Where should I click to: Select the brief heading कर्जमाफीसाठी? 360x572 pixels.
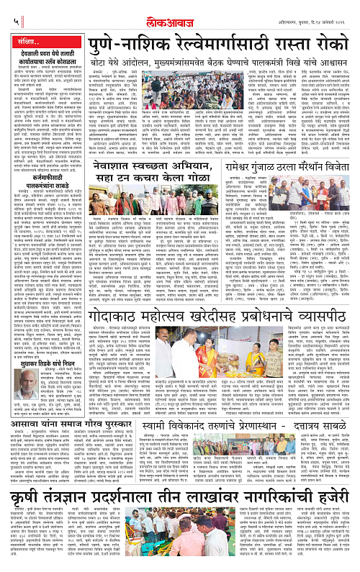tap(40, 177)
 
